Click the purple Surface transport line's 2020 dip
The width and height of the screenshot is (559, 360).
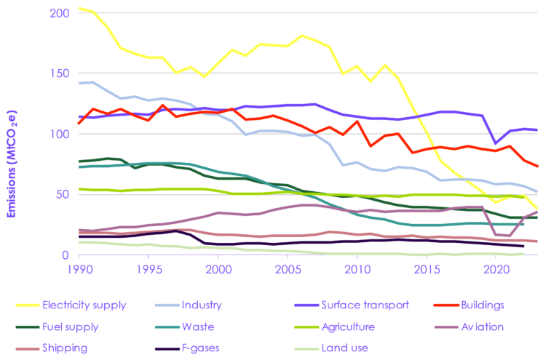(x=496, y=143)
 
